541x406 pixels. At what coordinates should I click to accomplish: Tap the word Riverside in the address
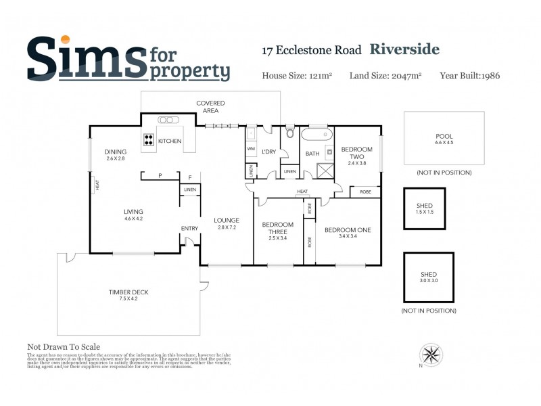404,49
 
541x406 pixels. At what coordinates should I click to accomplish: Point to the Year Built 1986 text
469,76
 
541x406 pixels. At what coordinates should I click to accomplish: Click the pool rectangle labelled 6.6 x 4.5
444,139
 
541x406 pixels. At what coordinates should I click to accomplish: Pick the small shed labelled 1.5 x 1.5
425,209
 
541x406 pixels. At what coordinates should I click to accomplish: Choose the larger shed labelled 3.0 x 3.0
429,277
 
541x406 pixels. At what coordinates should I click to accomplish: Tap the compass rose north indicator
431,354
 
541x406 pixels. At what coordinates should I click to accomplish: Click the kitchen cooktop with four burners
149,140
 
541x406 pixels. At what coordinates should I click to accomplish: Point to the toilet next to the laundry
290,133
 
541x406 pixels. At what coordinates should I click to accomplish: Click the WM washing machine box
251,148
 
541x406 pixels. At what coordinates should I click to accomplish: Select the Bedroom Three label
277,228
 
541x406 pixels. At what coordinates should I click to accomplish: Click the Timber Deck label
128,295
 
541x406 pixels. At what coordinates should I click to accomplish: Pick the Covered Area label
210,106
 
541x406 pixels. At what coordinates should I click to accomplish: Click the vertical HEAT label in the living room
97,183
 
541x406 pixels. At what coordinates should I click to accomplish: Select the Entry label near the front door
189,228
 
